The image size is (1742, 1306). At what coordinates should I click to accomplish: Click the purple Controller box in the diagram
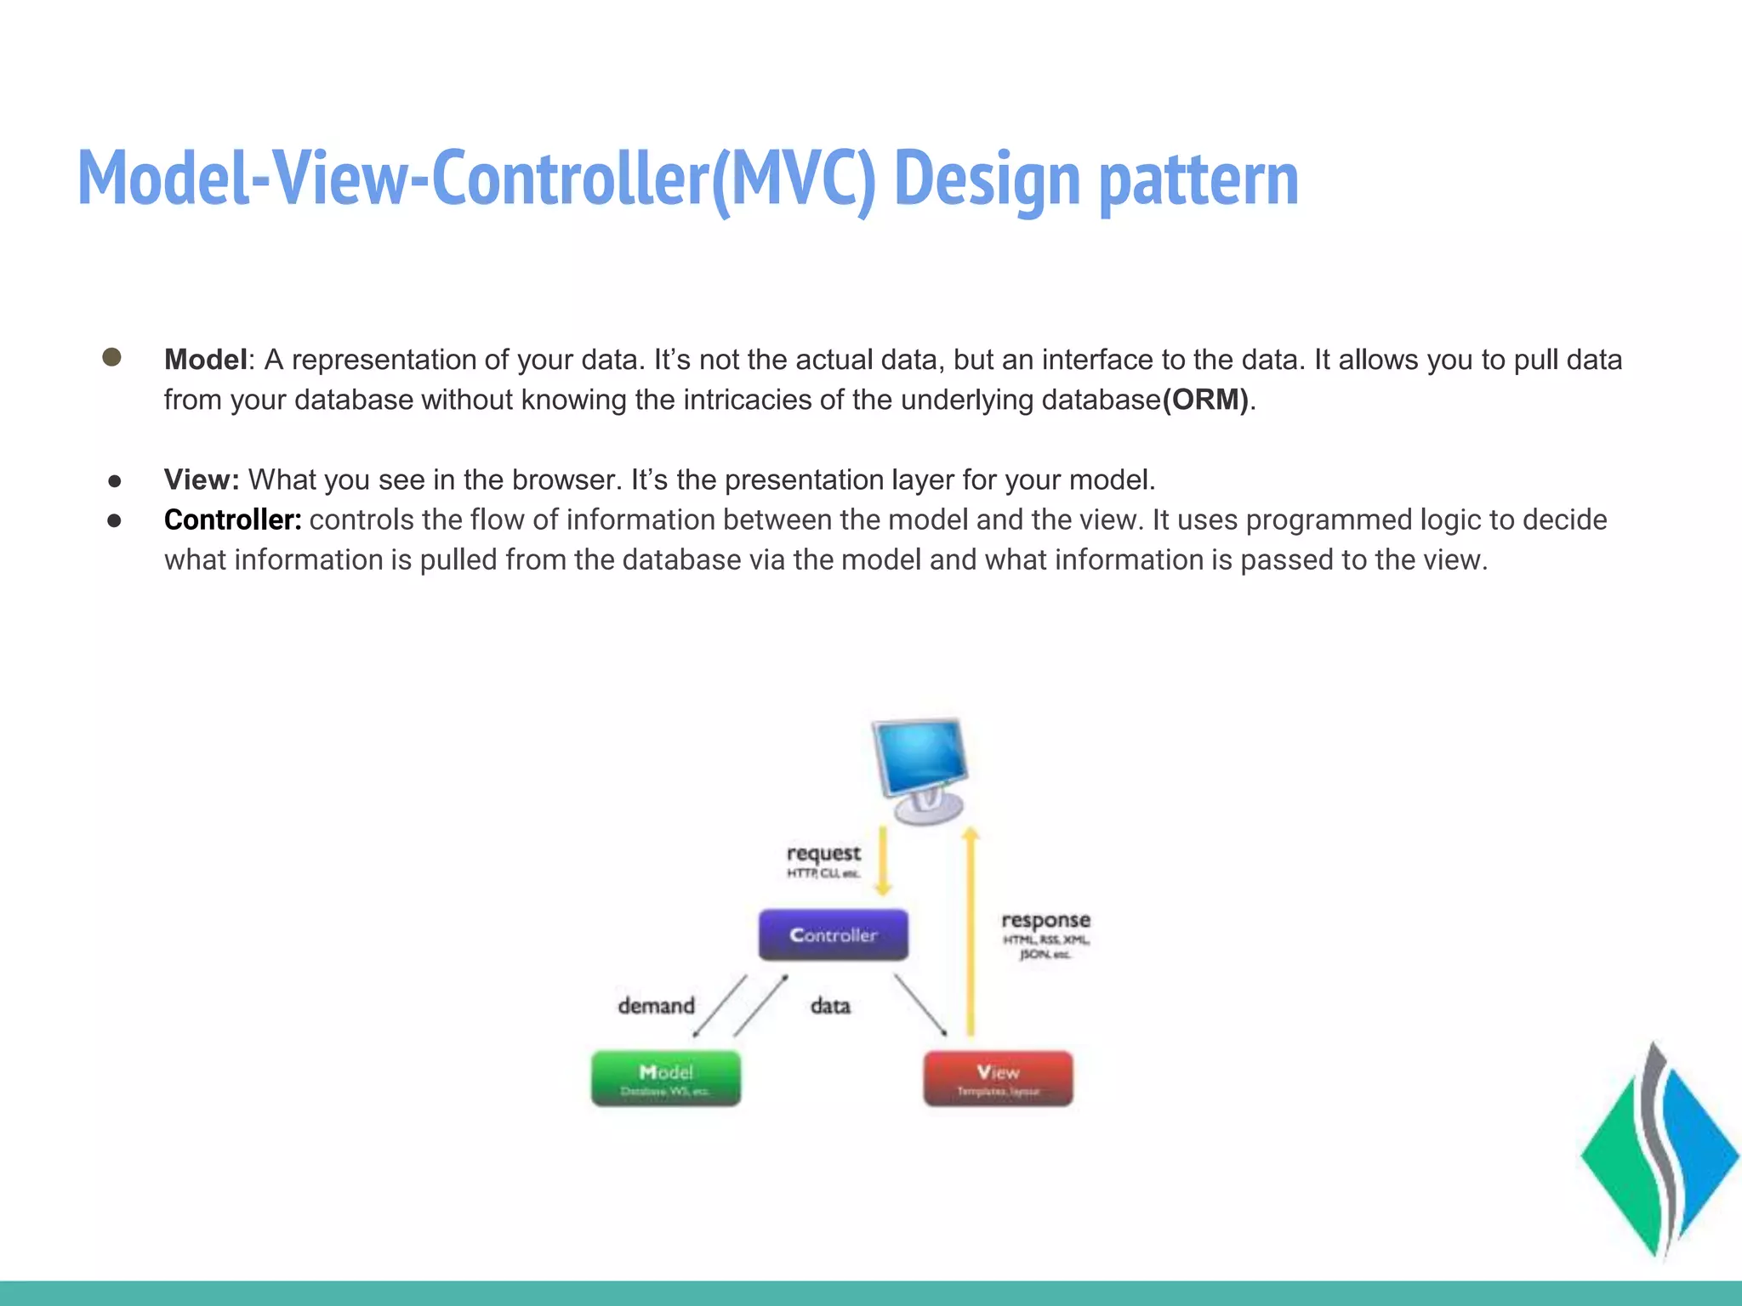(833, 934)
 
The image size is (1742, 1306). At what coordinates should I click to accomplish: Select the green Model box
(666, 1078)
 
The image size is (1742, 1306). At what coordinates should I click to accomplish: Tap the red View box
(998, 1078)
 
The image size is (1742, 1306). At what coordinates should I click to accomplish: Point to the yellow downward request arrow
(883, 860)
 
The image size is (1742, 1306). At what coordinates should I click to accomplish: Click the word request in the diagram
(823, 853)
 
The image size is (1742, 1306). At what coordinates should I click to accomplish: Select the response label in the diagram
(1045, 920)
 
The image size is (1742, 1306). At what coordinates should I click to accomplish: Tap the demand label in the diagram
(656, 1006)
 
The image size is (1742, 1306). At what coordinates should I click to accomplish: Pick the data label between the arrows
(830, 1006)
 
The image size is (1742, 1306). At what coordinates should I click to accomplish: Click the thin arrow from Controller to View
(920, 1005)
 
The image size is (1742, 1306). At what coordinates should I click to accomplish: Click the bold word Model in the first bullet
(205, 360)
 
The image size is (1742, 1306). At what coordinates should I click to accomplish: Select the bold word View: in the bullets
(202, 480)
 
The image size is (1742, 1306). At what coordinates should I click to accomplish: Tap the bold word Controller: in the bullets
(232, 520)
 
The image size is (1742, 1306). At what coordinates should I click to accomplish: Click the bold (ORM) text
(1205, 400)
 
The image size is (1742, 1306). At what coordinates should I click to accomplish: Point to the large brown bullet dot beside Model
(111, 357)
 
